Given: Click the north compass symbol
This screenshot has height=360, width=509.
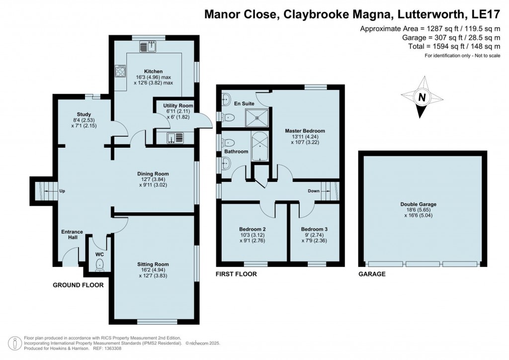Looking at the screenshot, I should pyautogui.click(x=422, y=97).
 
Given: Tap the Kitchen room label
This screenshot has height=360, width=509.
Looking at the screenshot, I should pyautogui.click(x=153, y=72).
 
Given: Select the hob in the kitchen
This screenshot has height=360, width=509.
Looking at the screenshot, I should pyautogui.click(x=120, y=72).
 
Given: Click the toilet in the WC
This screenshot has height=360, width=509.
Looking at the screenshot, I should pyautogui.click(x=100, y=264).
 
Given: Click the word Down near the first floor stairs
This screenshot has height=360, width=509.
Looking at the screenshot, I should pyautogui.click(x=313, y=191).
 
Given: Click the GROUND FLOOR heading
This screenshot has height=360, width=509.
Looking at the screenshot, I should pyautogui.click(x=79, y=285).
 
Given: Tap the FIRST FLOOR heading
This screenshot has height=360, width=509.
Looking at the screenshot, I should pyautogui.click(x=236, y=274).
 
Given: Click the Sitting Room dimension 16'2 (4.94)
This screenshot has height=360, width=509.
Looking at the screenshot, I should pyautogui.click(x=154, y=270).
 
